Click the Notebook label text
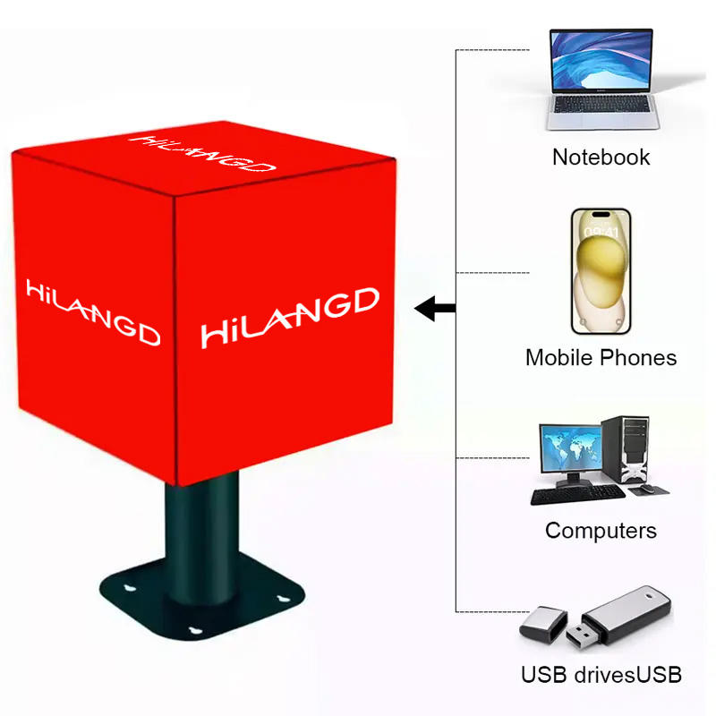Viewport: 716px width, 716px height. click(601, 158)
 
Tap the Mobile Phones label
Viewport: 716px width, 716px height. click(601, 358)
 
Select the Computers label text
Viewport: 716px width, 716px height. click(601, 530)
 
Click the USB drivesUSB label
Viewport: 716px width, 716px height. click(601, 674)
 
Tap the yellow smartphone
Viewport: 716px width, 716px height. click(601, 270)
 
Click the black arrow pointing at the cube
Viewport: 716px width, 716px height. click(437, 310)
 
